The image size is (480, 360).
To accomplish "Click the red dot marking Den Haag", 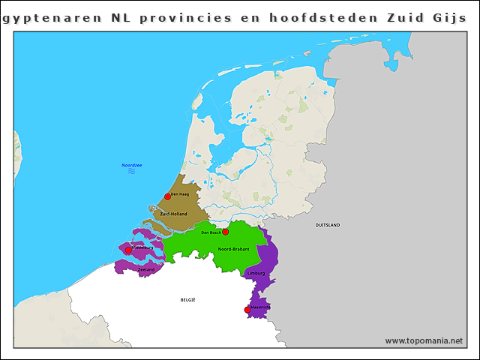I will (x=168, y=196).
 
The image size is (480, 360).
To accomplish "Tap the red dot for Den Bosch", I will (x=225, y=232).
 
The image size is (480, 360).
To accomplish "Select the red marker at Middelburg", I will (x=128, y=250).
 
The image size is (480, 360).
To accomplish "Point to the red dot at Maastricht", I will (x=247, y=310).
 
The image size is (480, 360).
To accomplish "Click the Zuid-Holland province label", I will (x=174, y=214).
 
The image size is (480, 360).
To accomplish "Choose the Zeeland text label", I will (x=146, y=269).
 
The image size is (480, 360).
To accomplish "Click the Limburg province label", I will (x=256, y=273).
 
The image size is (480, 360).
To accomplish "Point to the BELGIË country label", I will (x=187, y=299).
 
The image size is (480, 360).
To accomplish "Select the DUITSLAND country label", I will (x=327, y=225).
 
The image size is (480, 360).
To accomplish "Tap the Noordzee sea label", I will (x=132, y=165).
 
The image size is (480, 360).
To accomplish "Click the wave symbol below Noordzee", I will (x=132, y=172).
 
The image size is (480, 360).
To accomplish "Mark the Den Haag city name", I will (x=180, y=194).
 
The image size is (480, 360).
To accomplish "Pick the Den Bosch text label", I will (x=211, y=232).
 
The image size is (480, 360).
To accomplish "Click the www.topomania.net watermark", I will (x=424, y=340).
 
